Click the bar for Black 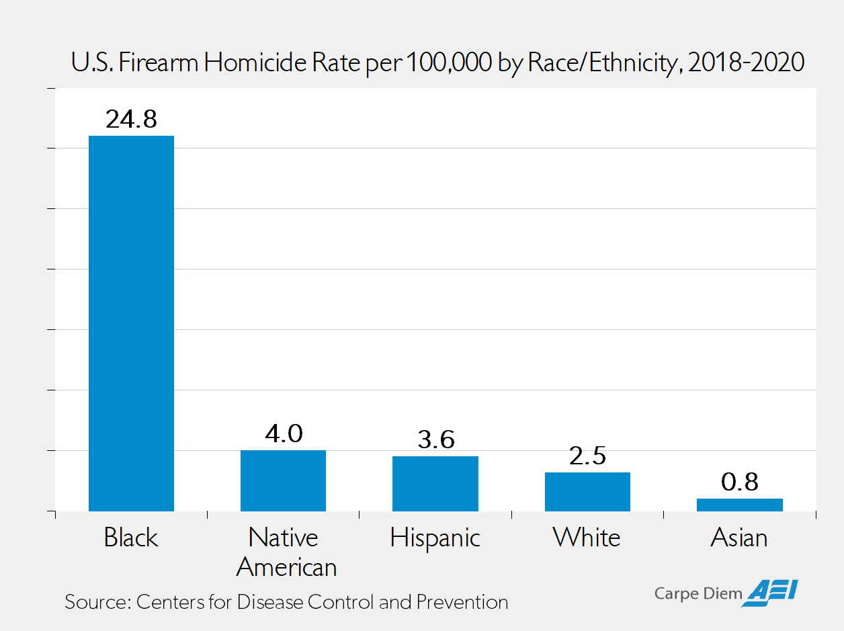coord(131,323)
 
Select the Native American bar coord(283,480)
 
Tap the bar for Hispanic coord(435,483)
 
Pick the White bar coord(587,491)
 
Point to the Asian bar coord(739,505)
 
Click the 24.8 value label coord(131,119)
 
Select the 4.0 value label coord(283,433)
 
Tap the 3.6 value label coord(435,439)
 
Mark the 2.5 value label coord(587,456)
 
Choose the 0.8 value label coord(739,482)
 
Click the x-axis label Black coord(131,538)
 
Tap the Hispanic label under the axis coord(435,538)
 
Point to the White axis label coord(587,538)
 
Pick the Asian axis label coord(739,538)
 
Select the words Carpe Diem coord(699,593)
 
